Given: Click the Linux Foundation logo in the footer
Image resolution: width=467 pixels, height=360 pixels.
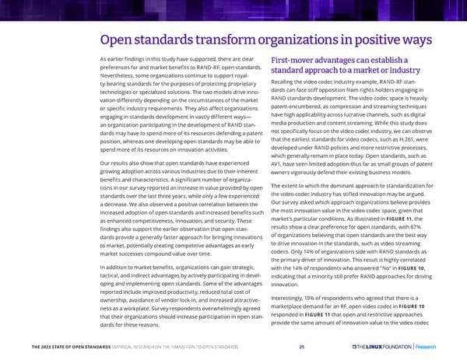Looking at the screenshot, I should (384, 345).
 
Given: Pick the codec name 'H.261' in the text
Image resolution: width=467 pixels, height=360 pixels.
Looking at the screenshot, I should (410, 138).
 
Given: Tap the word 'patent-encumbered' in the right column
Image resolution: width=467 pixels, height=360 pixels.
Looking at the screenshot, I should (300, 108).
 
